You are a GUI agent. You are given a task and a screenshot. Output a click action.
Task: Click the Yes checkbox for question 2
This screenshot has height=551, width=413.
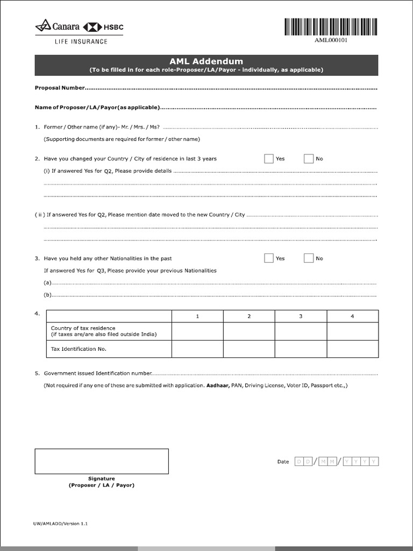point(269,159)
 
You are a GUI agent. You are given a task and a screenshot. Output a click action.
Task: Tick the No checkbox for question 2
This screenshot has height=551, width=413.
point(308,159)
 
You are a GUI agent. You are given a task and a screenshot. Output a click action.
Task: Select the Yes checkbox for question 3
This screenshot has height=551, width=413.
point(269,258)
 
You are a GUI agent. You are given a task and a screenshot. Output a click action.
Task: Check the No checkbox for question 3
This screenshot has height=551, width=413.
point(308,258)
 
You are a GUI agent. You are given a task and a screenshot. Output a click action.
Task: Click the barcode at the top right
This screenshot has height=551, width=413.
point(331,27)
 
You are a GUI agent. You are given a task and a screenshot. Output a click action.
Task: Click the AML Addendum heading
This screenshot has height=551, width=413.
point(206,61)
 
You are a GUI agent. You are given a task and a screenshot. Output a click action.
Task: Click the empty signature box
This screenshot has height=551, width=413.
point(102,461)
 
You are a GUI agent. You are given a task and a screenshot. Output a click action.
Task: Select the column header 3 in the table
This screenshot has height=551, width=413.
point(301,316)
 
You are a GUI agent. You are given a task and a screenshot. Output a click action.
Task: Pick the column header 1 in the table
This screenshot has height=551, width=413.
point(197,316)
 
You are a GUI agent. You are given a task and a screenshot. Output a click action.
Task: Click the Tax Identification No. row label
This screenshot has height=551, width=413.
point(79,349)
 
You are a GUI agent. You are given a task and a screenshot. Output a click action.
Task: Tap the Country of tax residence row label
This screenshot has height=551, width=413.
point(83,328)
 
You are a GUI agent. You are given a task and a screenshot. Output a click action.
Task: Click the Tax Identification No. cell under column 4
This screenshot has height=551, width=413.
point(352,349)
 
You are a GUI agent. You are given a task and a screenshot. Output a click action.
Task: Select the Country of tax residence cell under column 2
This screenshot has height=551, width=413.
point(249,331)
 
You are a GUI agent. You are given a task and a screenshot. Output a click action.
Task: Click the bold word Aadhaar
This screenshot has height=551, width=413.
point(217,386)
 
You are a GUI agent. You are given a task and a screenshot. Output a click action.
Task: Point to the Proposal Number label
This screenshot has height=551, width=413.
point(60,88)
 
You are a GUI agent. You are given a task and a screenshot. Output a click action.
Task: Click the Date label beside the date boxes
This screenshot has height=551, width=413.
point(283,462)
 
